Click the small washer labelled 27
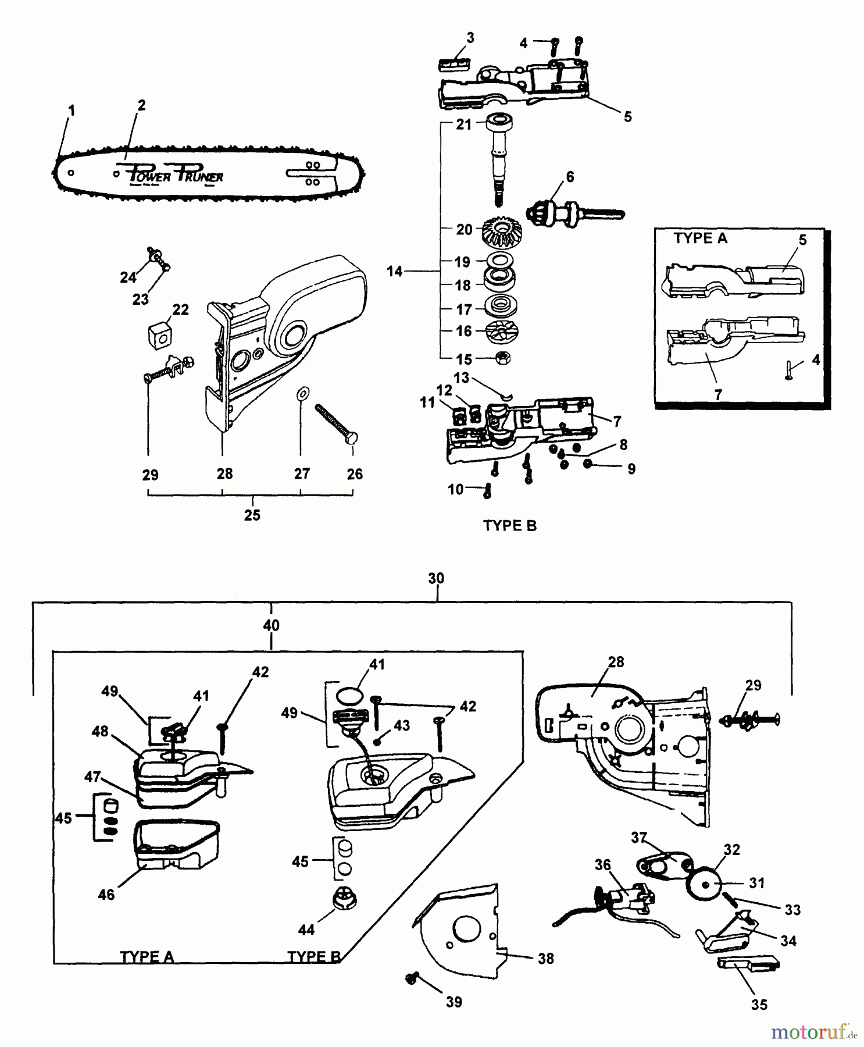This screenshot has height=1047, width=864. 302,394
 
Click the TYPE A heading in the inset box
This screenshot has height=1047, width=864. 700,238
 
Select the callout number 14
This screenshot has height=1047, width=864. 395,272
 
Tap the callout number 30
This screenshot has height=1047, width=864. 436,578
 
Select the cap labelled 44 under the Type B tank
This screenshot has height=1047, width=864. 344,900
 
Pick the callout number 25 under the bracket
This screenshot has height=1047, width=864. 252,515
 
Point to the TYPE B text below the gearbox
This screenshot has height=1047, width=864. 510,526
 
